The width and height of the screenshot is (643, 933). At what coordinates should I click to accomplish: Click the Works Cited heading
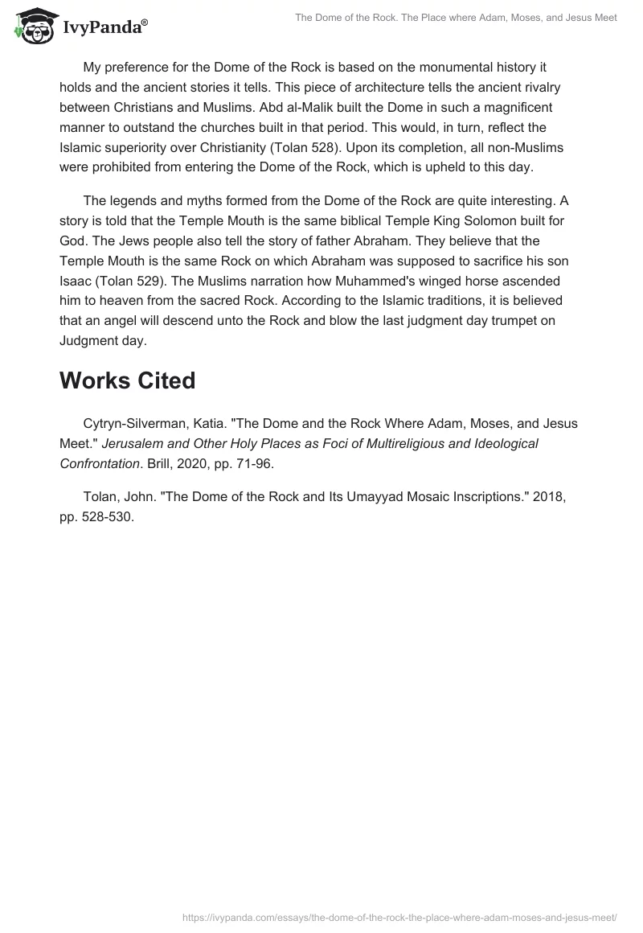tap(127, 380)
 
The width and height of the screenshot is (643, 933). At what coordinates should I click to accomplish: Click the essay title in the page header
tap(456, 18)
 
